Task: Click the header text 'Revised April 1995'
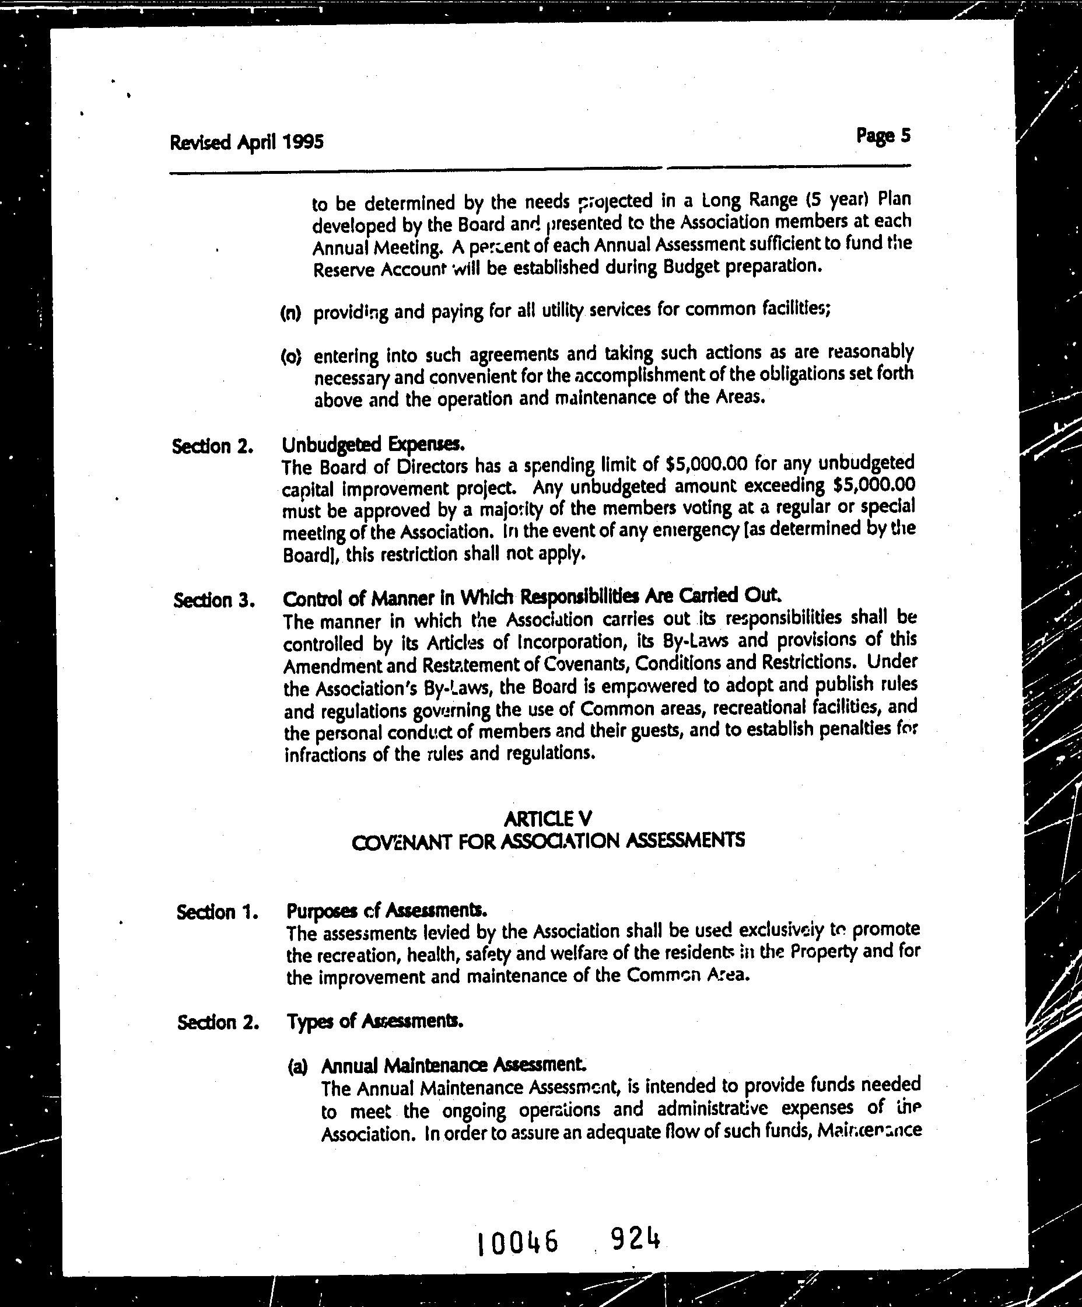(246, 142)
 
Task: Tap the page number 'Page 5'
(883, 136)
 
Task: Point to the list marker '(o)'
(290, 357)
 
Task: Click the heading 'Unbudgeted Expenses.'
(373, 445)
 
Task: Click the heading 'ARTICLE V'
(548, 819)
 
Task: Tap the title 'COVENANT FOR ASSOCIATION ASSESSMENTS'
(548, 841)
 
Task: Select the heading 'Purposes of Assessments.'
(386, 911)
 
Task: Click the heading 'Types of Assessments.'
(374, 1021)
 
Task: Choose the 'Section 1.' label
(217, 913)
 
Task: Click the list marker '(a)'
(297, 1067)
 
